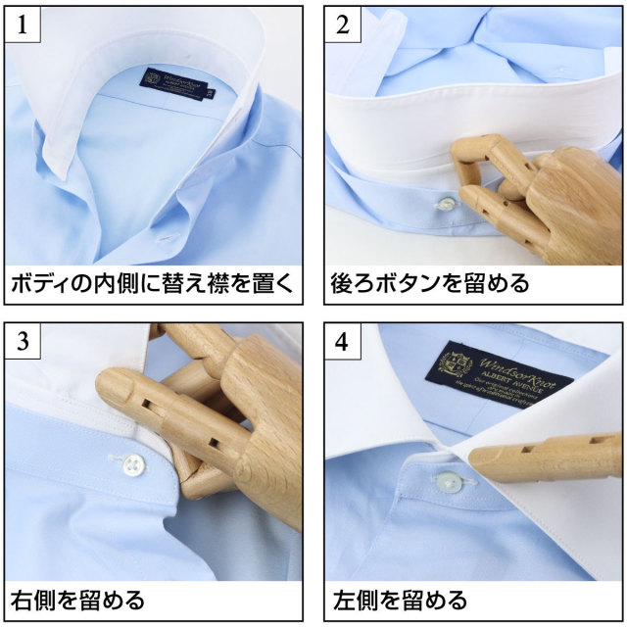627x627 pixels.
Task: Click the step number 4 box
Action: click(342, 343)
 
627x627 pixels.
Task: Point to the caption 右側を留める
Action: click(78, 599)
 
